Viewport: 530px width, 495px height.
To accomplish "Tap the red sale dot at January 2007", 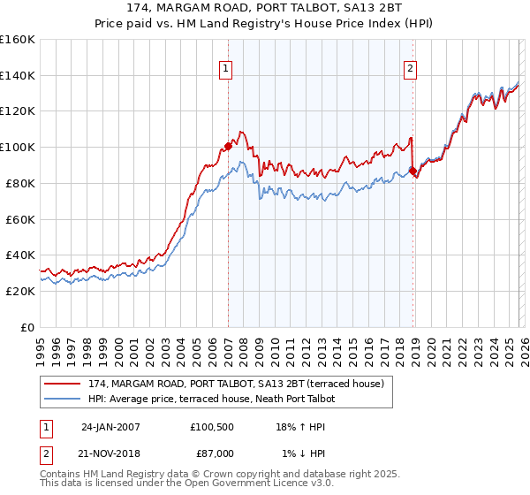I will (228, 146).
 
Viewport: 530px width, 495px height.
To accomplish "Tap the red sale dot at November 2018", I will (413, 171).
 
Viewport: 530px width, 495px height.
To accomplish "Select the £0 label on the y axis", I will (28, 327).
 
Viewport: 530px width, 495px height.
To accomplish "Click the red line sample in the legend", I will (64, 385).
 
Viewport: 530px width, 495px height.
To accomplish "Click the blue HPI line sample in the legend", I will (64, 400).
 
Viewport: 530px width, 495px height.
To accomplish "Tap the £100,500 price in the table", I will (211, 427).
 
